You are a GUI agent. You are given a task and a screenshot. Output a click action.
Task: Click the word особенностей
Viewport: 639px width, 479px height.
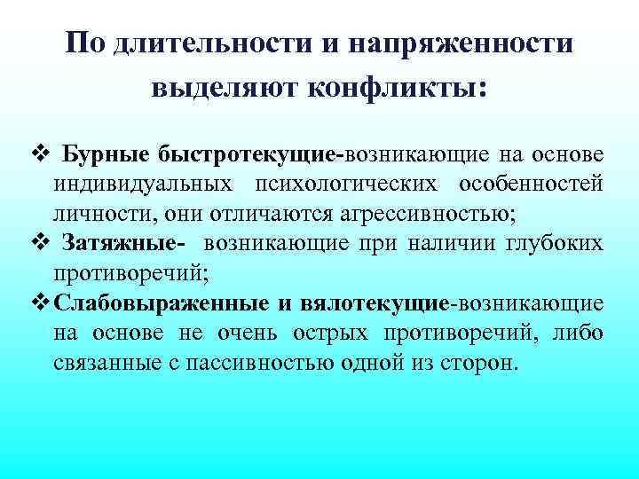point(532,184)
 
